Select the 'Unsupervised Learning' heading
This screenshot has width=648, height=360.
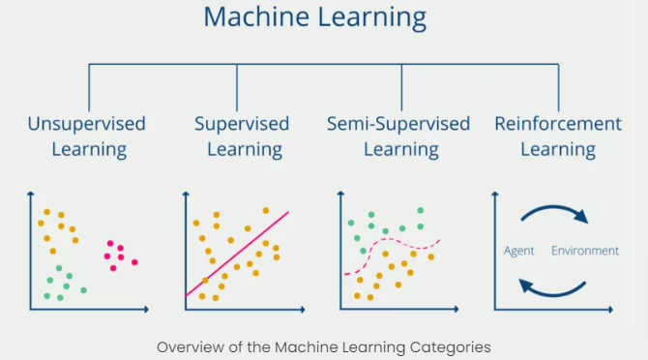click(x=87, y=136)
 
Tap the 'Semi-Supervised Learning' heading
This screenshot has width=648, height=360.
click(x=398, y=136)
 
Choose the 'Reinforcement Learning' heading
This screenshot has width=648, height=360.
click(x=558, y=136)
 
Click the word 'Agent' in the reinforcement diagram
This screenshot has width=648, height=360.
click(x=519, y=251)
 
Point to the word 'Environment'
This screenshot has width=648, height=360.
click(x=584, y=251)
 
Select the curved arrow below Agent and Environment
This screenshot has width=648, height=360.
click(x=553, y=287)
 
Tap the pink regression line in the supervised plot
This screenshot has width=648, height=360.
click(x=236, y=254)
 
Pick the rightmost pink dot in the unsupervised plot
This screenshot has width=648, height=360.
click(x=134, y=261)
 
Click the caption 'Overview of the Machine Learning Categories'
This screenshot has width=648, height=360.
click(x=324, y=345)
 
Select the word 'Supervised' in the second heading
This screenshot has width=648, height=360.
click(x=242, y=124)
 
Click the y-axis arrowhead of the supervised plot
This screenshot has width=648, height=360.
click(x=185, y=194)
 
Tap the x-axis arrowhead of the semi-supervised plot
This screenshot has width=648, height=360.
click(x=457, y=310)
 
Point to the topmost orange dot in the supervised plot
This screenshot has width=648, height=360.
click(x=266, y=210)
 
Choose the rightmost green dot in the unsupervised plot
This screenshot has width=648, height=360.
click(x=83, y=289)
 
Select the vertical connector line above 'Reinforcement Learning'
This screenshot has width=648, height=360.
click(x=558, y=87)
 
